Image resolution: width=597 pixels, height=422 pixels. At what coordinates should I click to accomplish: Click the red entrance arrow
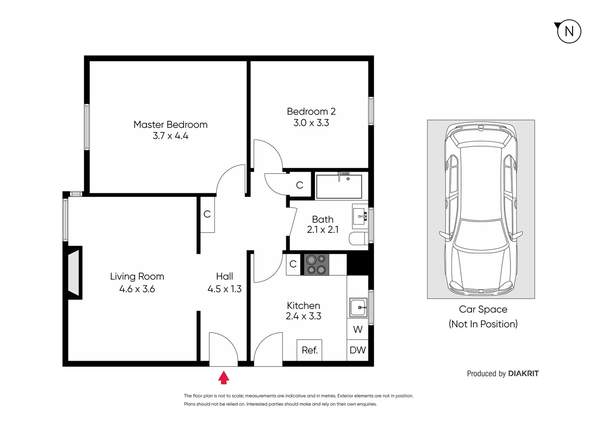pyautogui.click(x=223, y=377)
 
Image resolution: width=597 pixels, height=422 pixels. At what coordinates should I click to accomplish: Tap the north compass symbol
pyautogui.click(x=568, y=31)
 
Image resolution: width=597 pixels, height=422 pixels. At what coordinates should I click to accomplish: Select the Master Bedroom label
pyautogui.click(x=170, y=125)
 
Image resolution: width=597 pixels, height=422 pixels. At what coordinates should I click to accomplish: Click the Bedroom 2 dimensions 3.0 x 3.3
pyautogui.click(x=311, y=123)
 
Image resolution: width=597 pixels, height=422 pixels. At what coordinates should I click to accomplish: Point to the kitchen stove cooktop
pyautogui.click(x=316, y=265)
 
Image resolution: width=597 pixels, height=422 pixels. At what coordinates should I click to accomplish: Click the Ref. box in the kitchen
pyautogui.click(x=309, y=350)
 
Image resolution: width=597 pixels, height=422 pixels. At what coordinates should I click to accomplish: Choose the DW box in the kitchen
pyautogui.click(x=357, y=350)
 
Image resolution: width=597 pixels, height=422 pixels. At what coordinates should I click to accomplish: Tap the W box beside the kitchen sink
pyautogui.click(x=357, y=329)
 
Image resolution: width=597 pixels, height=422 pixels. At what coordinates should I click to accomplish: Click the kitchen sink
pyautogui.click(x=358, y=308)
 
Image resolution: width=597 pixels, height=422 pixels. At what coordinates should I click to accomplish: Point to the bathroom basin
pyautogui.click(x=360, y=216)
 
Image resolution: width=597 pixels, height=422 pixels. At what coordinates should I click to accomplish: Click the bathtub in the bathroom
pyautogui.click(x=339, y=187)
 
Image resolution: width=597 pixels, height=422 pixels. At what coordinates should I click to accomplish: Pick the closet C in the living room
pyautogui.click(x=207, y=214)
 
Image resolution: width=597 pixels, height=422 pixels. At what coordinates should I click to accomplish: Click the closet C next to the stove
pyautogui.click(x=293, y=265)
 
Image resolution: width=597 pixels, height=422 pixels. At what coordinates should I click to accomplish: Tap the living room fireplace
pyautogui.click(x=74, y=272)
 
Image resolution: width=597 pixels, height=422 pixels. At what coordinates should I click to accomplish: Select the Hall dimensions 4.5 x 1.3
pyautogui.click(x=224, y=289)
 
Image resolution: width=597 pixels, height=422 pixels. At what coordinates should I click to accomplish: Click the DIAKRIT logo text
pyautogui.click(x=523, y=374)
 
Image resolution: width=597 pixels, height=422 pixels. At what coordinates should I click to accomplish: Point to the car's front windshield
pyautogui.click(x=480, y=234)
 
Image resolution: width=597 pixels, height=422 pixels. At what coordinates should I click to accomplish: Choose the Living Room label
pyautogui.click(x=137, y=277)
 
